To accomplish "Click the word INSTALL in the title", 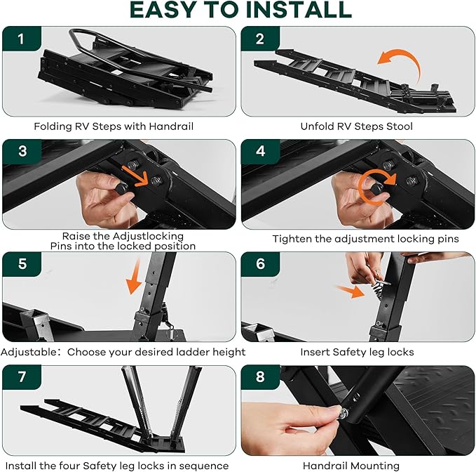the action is coord(299,10).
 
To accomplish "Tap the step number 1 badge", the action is coord(22,39).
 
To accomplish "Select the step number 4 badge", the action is coord(261,151).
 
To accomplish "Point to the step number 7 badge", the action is coord(22,376).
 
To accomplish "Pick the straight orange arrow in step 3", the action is coord(135,176).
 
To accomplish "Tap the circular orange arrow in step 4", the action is coord(376,187).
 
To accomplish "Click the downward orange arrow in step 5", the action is coord(135,277).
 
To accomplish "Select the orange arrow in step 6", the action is coord(350,291).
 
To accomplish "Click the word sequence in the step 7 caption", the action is coord(204,466).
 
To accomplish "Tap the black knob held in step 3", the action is coord(121,188).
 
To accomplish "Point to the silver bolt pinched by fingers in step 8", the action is coord(344,413).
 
